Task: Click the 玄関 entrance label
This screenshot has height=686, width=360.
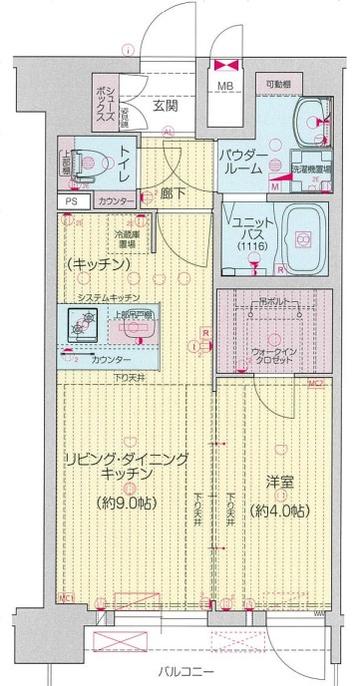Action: coord(166,103)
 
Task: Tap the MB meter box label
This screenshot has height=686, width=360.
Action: coord(227,87)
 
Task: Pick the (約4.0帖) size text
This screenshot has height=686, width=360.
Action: coord(278,511)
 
